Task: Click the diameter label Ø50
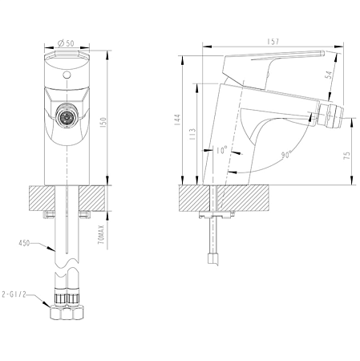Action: tap(67, 43)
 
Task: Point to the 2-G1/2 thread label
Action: tap(18, 294)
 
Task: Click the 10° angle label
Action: tap(221, 149)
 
